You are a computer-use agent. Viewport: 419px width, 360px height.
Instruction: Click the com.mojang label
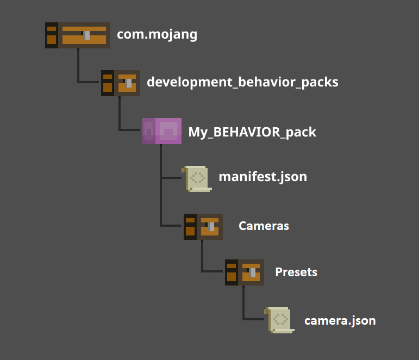click(157, 35)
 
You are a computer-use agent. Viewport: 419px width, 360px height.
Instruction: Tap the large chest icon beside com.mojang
click(78, 35)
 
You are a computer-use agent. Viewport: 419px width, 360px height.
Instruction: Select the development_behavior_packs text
click(242, 82)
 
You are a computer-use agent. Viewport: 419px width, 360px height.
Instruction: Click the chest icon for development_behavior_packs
click(121, 83)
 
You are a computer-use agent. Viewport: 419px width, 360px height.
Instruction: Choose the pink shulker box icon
click(162, 131)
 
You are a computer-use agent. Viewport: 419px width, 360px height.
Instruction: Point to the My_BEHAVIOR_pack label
click(252, 132)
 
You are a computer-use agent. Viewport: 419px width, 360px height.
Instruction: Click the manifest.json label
click(262, 177)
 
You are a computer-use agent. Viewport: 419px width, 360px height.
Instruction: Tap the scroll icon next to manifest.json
click(198, 178)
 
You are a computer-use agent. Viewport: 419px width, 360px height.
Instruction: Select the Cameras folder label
click(264, 226)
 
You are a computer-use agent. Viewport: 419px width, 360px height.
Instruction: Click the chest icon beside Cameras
click(203, 227)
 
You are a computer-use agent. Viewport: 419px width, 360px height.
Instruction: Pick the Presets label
click(296, 272)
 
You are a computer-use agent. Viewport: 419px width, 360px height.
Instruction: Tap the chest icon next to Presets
click(245, 272)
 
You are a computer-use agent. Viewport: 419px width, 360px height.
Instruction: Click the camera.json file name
click(340, 320)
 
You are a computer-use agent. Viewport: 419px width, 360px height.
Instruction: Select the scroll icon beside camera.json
click(280, 320)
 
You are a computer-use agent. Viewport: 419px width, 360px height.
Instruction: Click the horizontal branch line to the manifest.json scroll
click(171, 177)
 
